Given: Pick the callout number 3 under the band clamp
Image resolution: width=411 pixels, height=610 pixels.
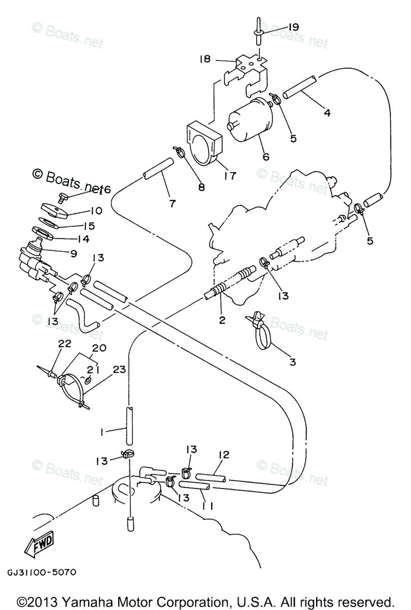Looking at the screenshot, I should tap(292, 362).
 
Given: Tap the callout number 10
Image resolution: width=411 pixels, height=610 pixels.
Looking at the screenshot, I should tap(96, 210).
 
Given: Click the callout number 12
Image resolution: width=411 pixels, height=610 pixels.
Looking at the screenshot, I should tap(224, 454).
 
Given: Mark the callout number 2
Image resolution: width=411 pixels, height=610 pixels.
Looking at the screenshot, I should tap(221, 320).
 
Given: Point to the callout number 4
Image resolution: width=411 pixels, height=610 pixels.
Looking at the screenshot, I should tap(327, 113).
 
